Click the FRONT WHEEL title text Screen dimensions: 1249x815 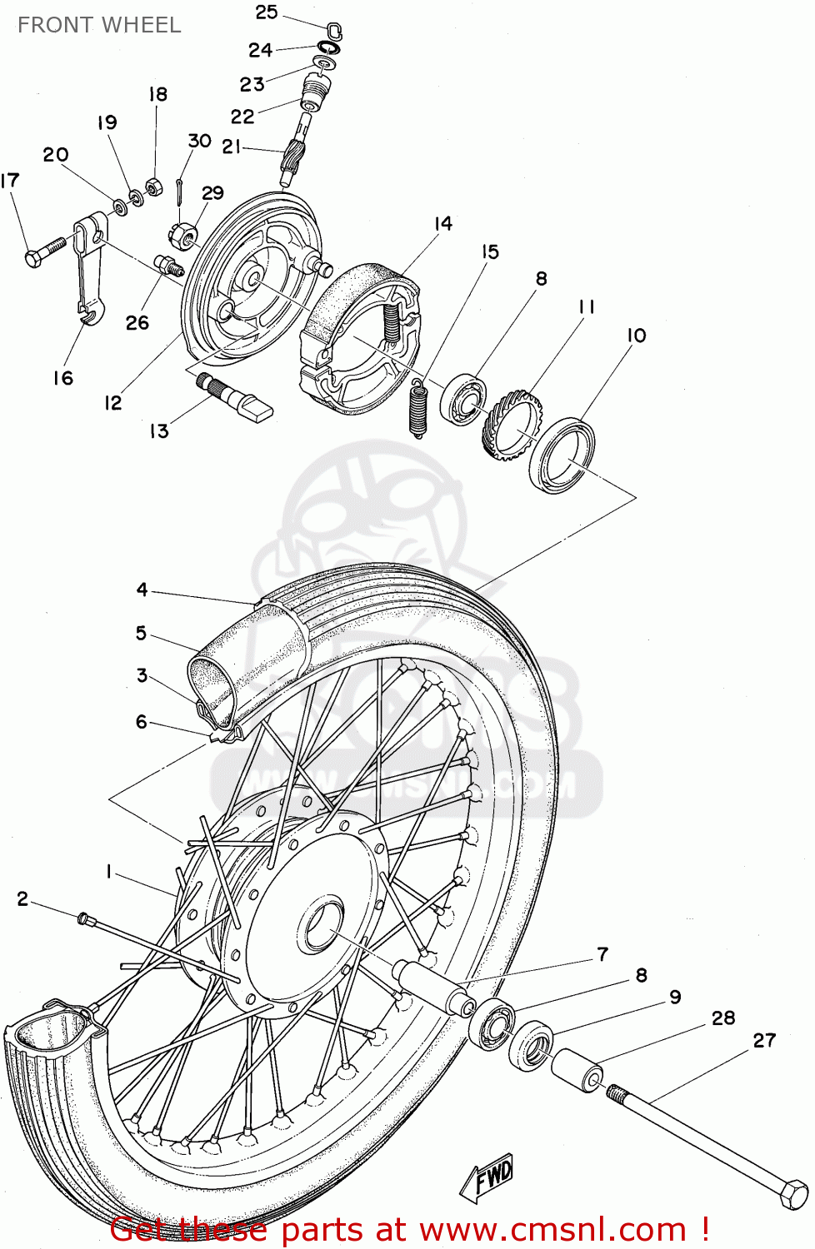tap(99, 25)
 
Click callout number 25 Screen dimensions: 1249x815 tap(266, 12)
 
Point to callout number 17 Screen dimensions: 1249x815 tap(10, 181)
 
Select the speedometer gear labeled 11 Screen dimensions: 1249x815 tap(512, 425)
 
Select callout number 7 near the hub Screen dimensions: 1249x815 tap(602, 954)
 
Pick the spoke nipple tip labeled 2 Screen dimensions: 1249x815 tap(82, 918)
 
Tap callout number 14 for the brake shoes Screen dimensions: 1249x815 tap(442, 223)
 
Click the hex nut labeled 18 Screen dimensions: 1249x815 tap(153, 186)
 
